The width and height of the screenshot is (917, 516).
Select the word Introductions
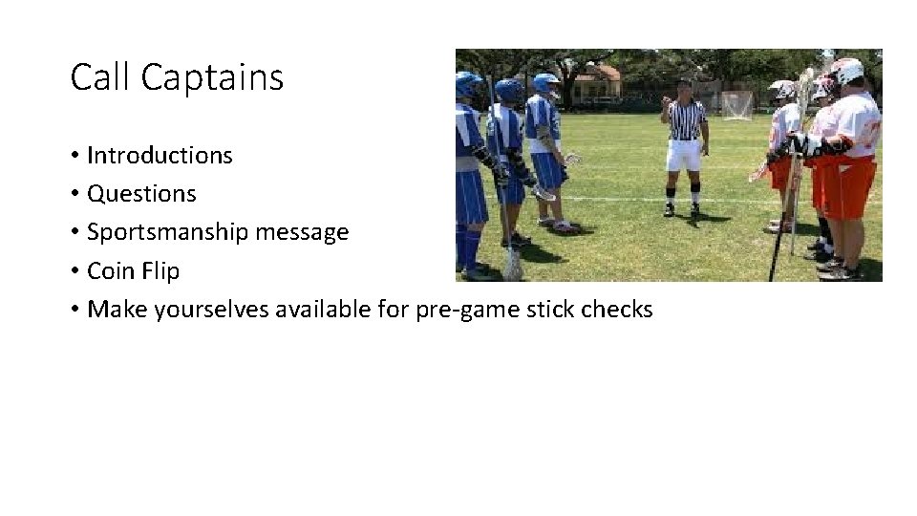[160, 155]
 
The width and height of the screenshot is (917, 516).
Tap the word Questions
[141, 193]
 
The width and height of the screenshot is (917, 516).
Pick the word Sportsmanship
[170, 232]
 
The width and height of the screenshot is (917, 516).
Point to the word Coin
[108, 270]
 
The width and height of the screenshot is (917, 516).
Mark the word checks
[618, 310]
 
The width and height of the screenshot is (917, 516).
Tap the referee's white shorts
[684, 156]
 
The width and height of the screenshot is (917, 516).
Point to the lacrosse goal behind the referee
[736, 105]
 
